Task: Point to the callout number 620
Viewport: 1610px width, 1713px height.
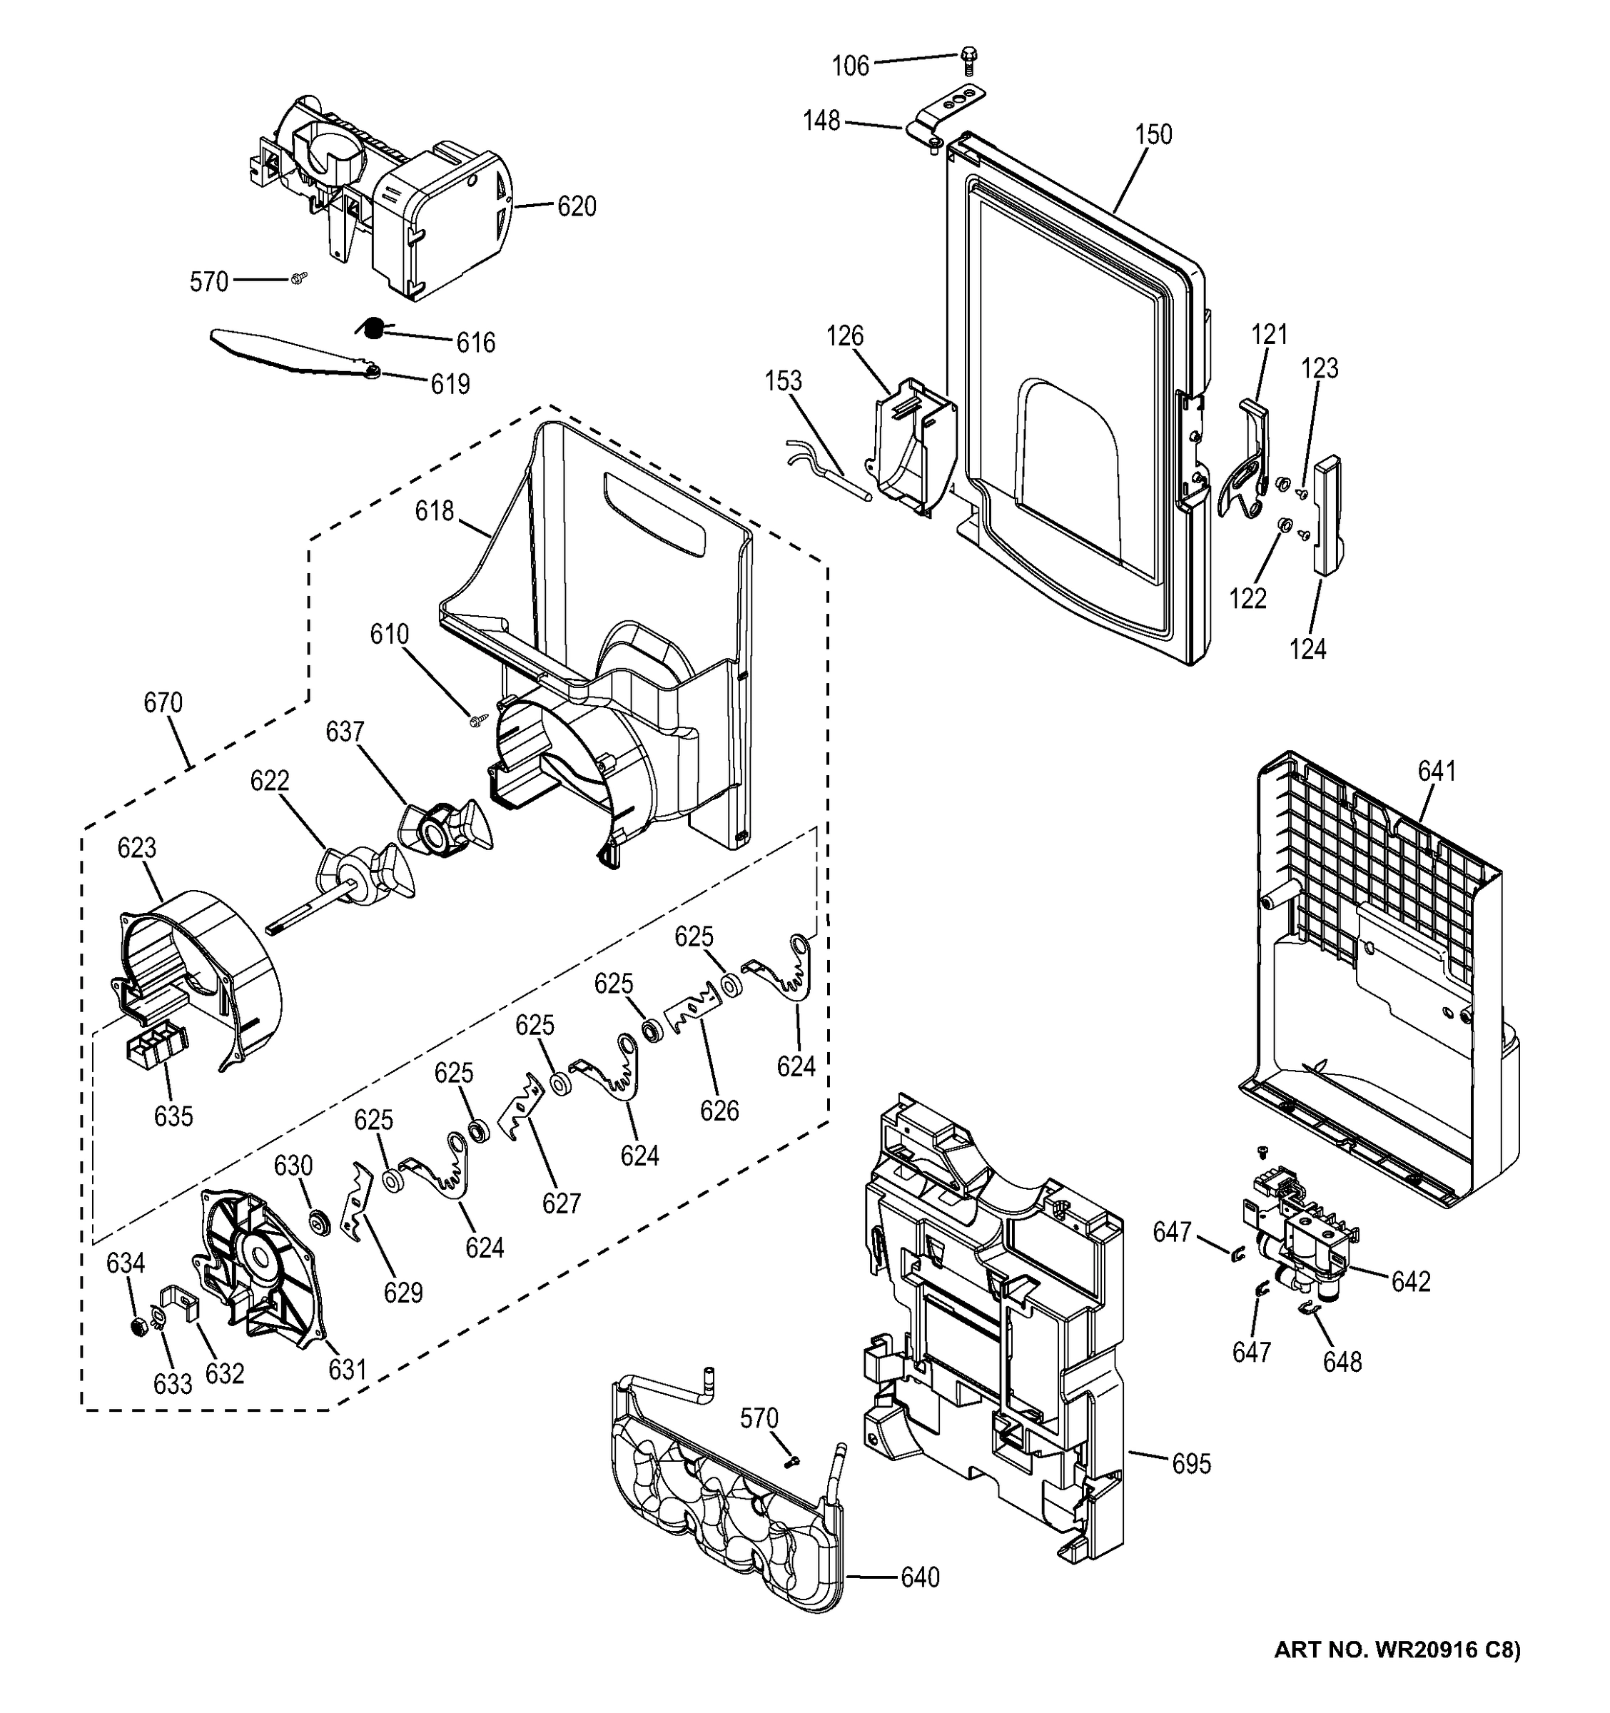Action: point(577,207)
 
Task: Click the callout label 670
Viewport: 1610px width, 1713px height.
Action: point(163,703)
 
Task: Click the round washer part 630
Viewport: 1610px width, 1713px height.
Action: point(321,1221)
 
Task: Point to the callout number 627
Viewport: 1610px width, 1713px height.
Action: point(562,1202)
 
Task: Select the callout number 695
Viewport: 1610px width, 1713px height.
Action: point(1190,1463)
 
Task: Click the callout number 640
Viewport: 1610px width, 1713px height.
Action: point(919,1577)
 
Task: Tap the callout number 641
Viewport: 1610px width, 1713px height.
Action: point(1436,770)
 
